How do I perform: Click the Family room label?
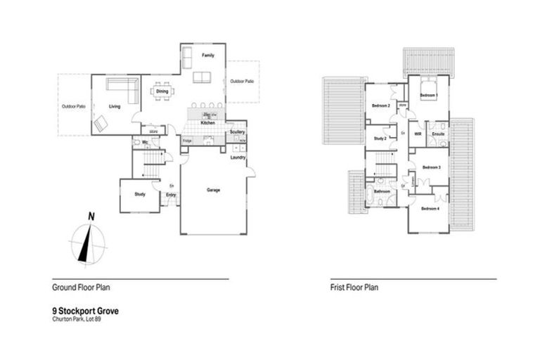click(x=207, y=55)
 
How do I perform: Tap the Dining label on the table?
click(x=162, y=91)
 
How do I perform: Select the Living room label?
click(x=115, y=106)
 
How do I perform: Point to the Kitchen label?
click(x=207, y=123)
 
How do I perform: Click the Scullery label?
click(x=236, y=132)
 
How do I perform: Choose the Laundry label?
click(x=238, y=157)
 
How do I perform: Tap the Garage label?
click(x=213, y=190)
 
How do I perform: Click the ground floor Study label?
click(x=139, y=194)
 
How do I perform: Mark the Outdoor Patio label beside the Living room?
click(x=73, y=106)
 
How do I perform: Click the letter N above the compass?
click(x=91, y=216)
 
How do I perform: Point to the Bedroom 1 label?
click(x=429, y=94)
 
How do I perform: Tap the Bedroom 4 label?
click(x=430, y=209)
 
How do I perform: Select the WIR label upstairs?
click(x=418, y=133)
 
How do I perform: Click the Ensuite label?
click(x=438, y=133)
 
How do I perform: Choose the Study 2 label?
click(x=380, y=138)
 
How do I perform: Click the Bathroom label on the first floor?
click(x=382, y=191)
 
